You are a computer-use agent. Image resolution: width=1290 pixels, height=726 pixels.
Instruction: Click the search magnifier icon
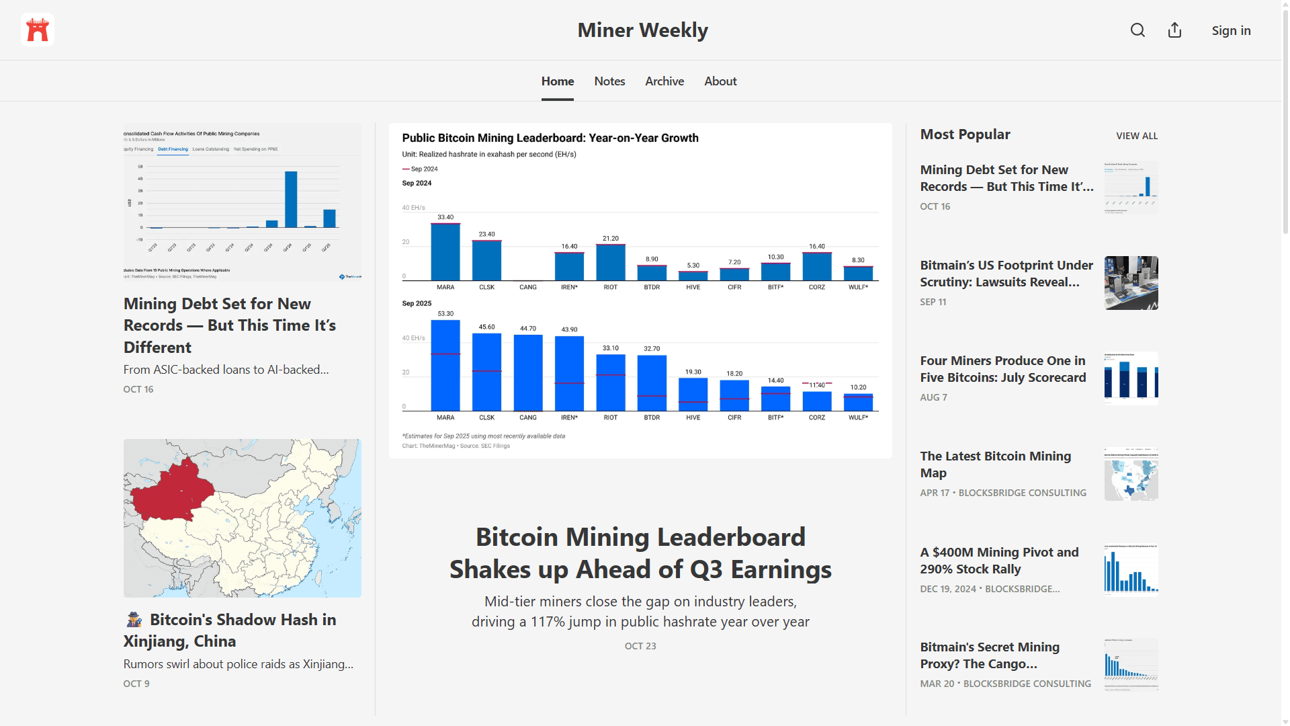[1137, 30]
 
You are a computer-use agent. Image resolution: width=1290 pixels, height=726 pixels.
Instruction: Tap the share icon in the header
[1174, 30]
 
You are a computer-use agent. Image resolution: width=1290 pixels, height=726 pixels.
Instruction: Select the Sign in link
[1231, 30]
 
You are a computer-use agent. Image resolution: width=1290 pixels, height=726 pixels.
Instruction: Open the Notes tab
[609, 81]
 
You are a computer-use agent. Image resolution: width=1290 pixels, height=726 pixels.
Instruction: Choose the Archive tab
[664, 81]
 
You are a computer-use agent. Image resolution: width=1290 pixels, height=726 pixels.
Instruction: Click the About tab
[720, 81]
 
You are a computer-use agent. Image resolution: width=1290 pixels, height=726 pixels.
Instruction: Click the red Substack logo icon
[38, 30]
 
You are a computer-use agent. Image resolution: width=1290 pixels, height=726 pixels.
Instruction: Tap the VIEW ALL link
[1137, 136]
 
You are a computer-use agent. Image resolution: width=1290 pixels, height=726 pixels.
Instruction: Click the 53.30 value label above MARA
[445, 314]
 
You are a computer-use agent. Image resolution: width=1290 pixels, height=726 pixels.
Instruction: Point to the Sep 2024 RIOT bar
[611, 262]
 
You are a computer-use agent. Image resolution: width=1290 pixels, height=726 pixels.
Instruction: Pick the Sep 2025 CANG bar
[528, 372]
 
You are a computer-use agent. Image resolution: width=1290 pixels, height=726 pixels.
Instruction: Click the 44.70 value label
[528, 329]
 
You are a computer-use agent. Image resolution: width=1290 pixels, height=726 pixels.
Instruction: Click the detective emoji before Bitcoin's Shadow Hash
[134, 620]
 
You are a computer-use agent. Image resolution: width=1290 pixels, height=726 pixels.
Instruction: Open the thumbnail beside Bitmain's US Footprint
[1131, 283]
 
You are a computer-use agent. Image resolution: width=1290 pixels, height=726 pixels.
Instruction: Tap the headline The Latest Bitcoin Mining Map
[995, 465]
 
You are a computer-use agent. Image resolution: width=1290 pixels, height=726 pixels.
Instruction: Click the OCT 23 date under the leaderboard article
[640, 646]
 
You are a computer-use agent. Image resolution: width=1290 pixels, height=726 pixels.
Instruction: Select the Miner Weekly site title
[642, 30]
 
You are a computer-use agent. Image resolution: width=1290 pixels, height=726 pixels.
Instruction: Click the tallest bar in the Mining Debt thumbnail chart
[291, 200]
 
